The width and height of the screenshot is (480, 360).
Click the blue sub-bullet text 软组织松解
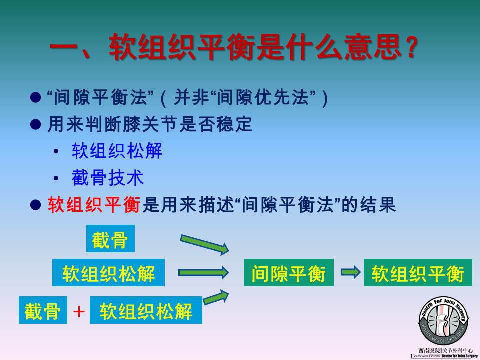click(117, 151)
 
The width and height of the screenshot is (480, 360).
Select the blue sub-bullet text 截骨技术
click(108, 177)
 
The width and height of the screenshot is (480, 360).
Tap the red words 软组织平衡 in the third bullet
click(94, 205)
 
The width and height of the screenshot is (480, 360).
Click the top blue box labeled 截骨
click(110, 239)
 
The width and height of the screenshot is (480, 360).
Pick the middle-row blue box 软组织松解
click(108, 273)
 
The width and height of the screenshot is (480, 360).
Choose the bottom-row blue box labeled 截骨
click(43, 310)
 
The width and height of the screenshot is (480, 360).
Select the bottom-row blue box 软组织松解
click(146, 310)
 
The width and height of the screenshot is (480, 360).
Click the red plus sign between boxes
click(79, 312)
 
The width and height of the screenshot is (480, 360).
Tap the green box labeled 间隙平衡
click(288, 273)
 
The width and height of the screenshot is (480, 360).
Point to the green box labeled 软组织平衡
click(418, 273)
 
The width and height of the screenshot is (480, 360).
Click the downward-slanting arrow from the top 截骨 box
click(204, 244)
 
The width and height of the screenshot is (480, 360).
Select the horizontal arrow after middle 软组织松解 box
click(203, 272)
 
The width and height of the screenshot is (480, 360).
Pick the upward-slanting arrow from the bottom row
click(216, 297)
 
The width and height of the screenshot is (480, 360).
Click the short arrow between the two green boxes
click(351, 272)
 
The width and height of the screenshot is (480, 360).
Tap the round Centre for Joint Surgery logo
click(443, 321)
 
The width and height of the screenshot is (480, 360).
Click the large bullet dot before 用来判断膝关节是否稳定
click(36, 124)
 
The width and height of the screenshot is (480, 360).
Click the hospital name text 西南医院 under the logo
click(429, 351)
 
